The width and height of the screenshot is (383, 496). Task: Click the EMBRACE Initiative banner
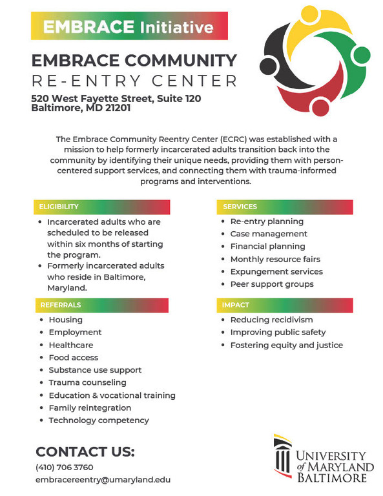tap(129, 27)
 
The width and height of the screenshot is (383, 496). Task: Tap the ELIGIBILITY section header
tap(101, 207)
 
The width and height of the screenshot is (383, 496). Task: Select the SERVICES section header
tap(284, 207)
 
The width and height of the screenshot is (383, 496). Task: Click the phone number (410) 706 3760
tap(65, 467)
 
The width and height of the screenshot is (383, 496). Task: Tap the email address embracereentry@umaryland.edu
tap(103, 480)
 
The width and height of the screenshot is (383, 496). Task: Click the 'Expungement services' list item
tap(276, 272)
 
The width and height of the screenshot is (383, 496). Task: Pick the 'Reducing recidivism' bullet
tap(271, 320)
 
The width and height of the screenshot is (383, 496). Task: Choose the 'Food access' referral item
tap(74, 357)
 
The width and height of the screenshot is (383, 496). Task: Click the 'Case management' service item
tap(269, 234)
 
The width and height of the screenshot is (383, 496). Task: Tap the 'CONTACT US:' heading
tap(85, 451)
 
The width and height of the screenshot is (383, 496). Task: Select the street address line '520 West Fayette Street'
tap(116, 98)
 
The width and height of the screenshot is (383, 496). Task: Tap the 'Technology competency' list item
tap(99, 420)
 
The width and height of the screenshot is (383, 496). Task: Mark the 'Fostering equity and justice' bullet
tap(286, 345)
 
